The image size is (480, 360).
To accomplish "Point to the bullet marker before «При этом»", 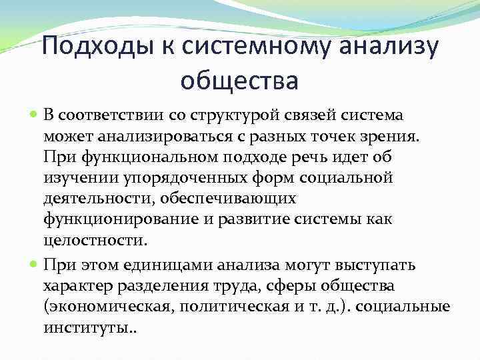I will click(52, 265).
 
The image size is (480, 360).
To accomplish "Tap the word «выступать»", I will click(380, 265).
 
